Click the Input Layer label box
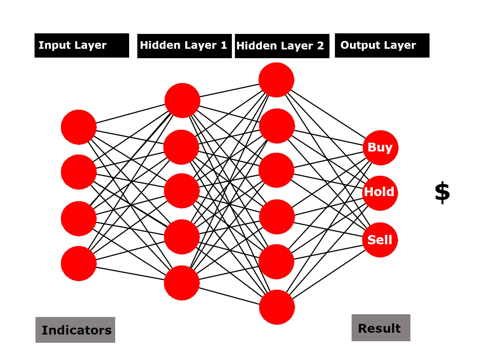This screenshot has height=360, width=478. [x=82, y=45]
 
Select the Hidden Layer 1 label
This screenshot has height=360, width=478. [x=184, y=46]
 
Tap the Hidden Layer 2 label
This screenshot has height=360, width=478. [x=282, y=46]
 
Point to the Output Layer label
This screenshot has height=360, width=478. [x=382, y=45]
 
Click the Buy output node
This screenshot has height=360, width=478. [x=380, y=148]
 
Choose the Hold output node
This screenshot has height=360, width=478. [x=380, y=193]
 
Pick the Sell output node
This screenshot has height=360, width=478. [x=380, y=240]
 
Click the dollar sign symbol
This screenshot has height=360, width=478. [x=442, y=192]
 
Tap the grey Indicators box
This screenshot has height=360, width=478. [x=75, y=330]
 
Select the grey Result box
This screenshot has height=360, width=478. [x=381, y=328]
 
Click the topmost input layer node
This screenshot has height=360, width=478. [x=79, y=127]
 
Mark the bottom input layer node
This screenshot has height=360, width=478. [x=79, y=263]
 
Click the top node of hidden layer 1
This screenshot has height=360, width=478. [x=182, y=100]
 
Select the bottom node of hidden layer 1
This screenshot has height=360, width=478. [x=182, y=283]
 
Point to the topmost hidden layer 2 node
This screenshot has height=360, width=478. [x=276, y=80]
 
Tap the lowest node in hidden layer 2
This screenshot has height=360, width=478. [x=277, y=307]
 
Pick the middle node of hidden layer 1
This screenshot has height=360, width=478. [x=182, y=191]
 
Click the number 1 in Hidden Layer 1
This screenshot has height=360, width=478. [x=224, y=45]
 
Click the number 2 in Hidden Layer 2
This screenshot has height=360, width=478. [x=320, y=46]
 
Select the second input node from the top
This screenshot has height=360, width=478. [x=79, y=172]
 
